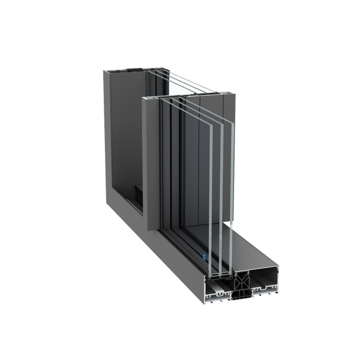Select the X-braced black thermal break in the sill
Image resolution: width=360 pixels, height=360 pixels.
point(241,280)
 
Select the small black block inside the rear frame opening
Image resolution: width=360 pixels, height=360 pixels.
point(137,193)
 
